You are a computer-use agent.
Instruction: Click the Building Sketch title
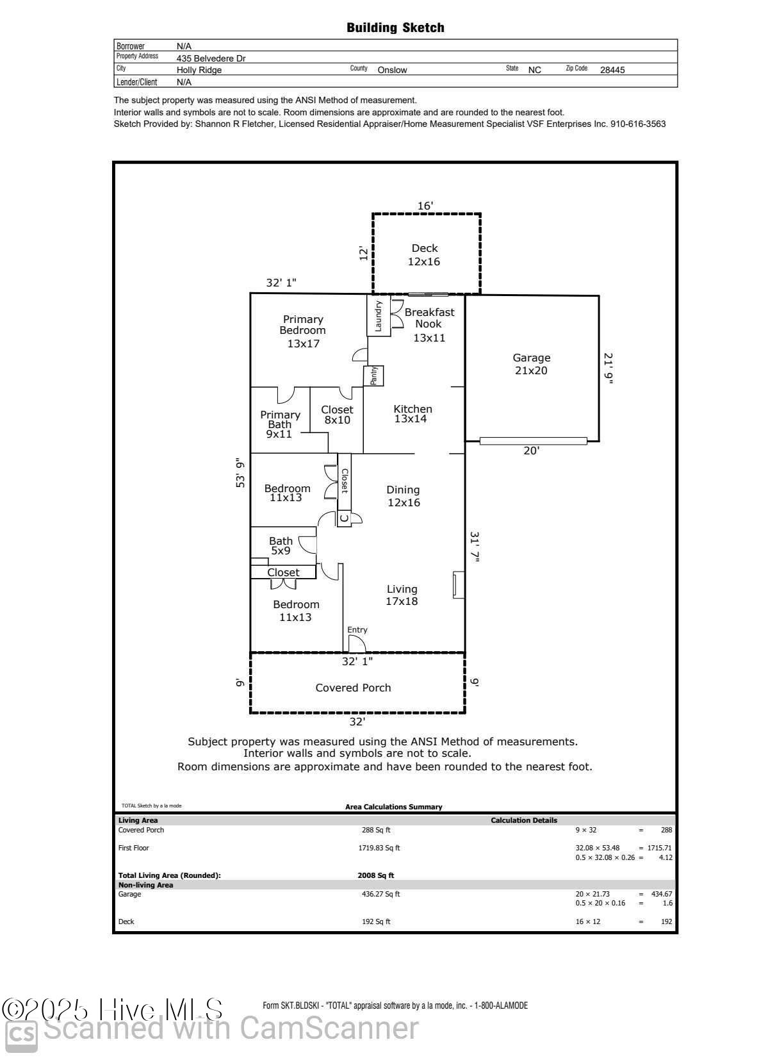395,28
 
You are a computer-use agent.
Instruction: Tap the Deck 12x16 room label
424,255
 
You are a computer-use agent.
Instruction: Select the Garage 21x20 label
531,364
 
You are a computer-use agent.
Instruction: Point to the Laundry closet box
378,315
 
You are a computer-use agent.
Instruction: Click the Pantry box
373,376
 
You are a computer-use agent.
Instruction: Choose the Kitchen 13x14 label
412,414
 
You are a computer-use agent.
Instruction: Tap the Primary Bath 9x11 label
280,424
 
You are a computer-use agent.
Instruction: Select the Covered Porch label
353,688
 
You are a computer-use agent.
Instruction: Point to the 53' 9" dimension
241,473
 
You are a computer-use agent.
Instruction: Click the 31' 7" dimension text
475,547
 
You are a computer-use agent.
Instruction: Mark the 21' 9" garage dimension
608,368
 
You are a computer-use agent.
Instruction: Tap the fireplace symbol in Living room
458,584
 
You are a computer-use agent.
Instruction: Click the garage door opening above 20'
533,441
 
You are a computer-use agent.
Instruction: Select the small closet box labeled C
344,517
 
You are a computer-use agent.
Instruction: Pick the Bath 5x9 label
281,545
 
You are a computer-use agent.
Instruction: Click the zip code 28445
612,70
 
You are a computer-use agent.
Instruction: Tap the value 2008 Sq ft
375,875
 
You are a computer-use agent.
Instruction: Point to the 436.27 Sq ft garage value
380,894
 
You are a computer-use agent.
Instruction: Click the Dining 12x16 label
403,496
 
